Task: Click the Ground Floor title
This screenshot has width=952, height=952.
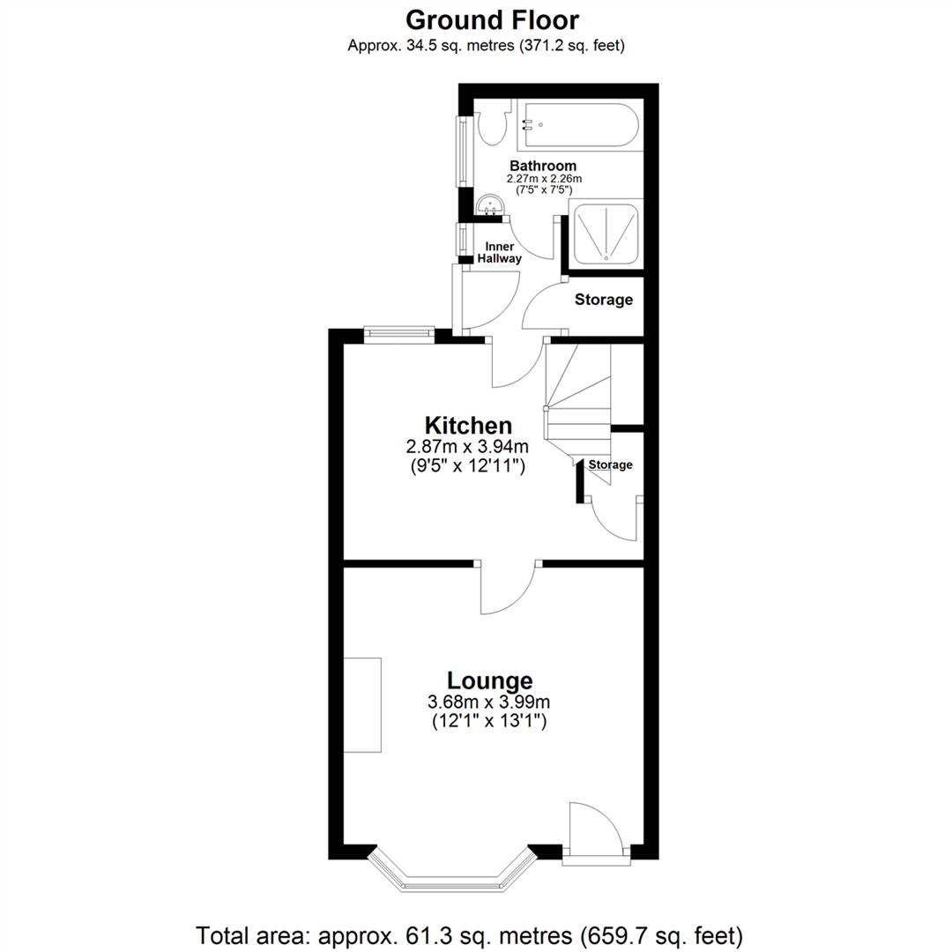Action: [492, 19]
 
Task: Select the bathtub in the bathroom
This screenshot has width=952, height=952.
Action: [578, 126]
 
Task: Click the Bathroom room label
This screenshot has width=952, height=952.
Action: [544, 166]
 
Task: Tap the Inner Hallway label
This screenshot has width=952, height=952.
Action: [499, 253]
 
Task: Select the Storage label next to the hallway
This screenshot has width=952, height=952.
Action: [604, 300]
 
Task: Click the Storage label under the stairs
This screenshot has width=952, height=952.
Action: [610, 465]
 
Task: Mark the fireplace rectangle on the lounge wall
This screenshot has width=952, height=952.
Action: [362, 704]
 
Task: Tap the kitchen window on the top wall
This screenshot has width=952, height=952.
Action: [399, 333]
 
